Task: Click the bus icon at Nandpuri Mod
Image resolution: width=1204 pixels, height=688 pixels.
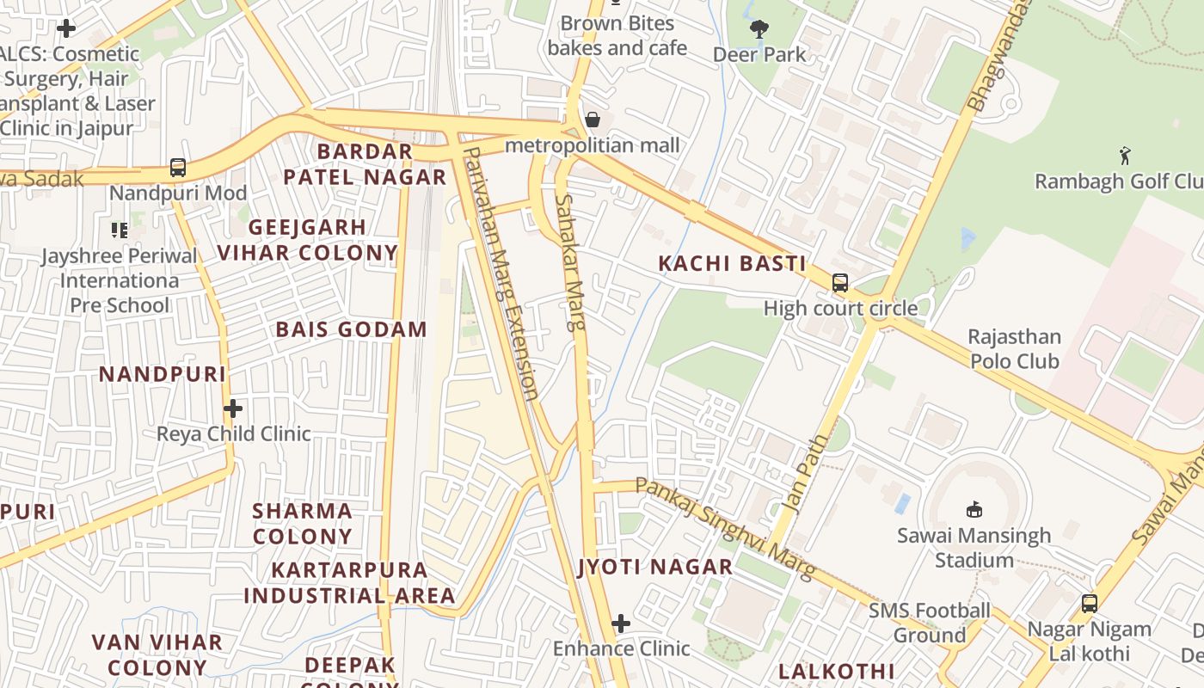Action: coord(178,168)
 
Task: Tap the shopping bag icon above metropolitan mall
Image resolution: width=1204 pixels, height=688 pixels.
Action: coord(593,120)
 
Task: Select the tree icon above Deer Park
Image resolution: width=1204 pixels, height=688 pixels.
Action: coord(759,29)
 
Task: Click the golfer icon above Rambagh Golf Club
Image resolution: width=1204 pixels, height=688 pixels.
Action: coord(1125,156)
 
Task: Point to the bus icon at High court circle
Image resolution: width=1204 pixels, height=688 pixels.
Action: coord(840,283)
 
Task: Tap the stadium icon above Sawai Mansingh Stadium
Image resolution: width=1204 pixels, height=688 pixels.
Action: coord(974,510)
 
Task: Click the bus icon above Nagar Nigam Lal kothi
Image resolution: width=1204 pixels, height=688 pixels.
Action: coord(1090,604)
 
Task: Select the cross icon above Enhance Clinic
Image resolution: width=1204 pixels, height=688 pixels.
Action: coord(621,623)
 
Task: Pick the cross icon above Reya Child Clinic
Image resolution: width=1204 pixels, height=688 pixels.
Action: coord(233,408)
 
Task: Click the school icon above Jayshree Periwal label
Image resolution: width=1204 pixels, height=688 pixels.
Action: coord(120,230)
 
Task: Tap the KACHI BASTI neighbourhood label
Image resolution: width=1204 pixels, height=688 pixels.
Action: coord(732,264)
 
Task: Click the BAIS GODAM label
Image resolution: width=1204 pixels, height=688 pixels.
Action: coord(351,329)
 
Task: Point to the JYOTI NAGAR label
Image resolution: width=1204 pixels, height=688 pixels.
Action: coord(655,567)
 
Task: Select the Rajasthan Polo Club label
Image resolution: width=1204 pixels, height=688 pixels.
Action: coord(1015,348)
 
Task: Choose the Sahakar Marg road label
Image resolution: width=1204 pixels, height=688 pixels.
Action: coord(570,262)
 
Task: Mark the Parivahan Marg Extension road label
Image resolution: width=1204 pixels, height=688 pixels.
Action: coord(501,273)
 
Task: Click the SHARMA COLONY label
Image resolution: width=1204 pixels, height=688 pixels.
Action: coord(302,523)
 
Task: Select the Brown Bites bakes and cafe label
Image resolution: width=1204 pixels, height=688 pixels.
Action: coord(617,35)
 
